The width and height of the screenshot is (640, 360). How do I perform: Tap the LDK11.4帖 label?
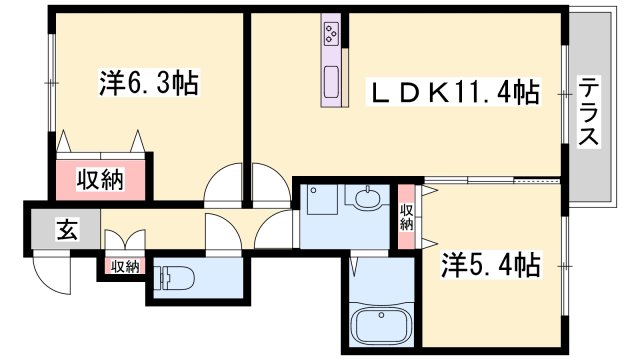[455, 94]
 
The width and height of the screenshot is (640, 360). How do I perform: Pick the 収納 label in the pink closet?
[101, 180]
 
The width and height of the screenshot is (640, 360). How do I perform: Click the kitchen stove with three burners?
[332, 36]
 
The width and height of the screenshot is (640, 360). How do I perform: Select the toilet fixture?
[181, 275]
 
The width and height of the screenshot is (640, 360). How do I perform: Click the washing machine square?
[322, 200]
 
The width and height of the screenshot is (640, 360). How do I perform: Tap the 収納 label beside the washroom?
[407, 217]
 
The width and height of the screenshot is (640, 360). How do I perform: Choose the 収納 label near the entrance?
[125, 266]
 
